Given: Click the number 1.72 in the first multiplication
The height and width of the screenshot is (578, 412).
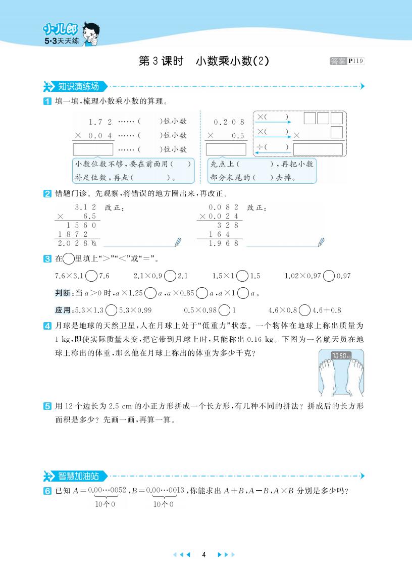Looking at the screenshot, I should click(x=99, y=122).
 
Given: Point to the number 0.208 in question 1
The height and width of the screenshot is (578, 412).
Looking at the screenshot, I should click(x=229, y=122).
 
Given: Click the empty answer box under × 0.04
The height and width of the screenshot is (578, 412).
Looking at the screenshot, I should click(x=93, y=149).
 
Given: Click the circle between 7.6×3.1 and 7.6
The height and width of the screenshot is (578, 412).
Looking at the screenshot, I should click(x=91, y=276).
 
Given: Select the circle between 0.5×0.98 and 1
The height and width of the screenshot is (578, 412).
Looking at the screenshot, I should click(x=225, y=310).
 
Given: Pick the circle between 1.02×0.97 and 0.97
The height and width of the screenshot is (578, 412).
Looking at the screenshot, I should click(x=329, y=276).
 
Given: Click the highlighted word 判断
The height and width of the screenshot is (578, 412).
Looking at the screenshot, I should click(x=63, y=293).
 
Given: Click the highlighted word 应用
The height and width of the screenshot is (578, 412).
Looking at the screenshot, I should click(x=63, y=310).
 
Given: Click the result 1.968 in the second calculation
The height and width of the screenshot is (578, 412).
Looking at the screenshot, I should click(x=223, y=243).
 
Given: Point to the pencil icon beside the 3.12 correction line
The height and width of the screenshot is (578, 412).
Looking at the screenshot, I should click(x=177, y=242).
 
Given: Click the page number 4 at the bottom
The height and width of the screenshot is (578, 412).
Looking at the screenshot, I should click(x=203, y=554).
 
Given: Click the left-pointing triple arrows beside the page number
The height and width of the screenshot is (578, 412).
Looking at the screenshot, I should click(x=182, y=554).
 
